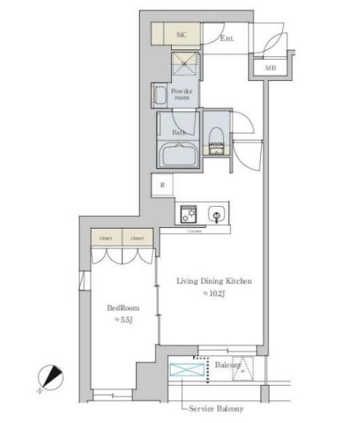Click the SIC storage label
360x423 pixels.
tap(182, 34)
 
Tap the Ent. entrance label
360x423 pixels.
tap(227, 39)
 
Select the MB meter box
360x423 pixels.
tap(270, 68)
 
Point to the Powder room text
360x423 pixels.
tap(181, 95)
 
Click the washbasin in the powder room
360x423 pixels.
tap(160, 95)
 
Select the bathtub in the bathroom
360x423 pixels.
tap(179, 155)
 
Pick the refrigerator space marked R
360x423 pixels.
tap(162, 185)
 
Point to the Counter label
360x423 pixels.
tap(194, 231)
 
